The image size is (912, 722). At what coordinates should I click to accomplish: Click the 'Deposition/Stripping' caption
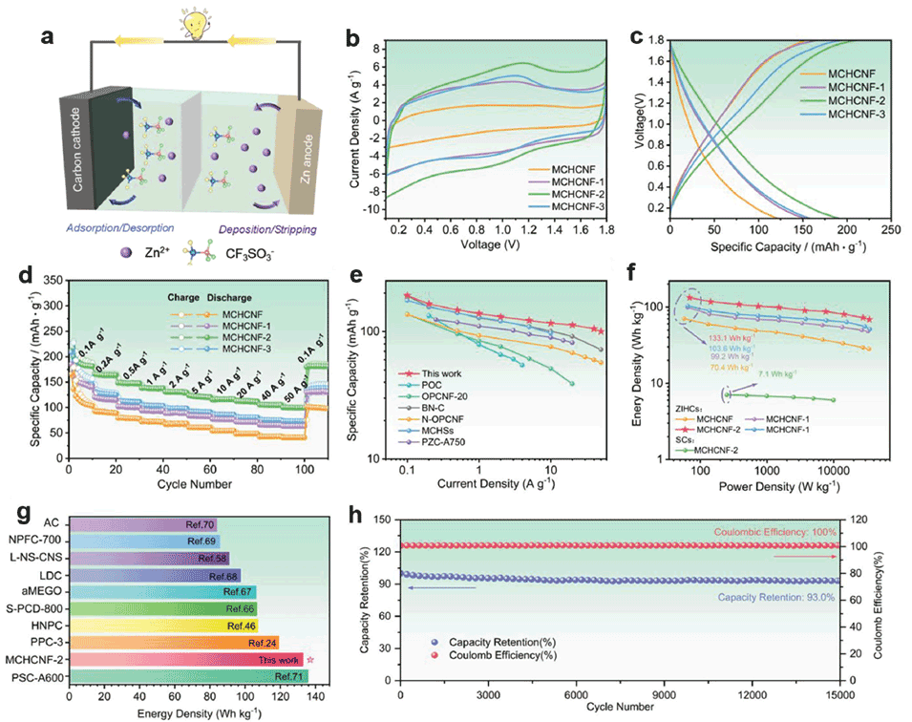[254, 229]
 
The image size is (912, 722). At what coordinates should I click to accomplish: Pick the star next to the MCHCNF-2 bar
[310, 659]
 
